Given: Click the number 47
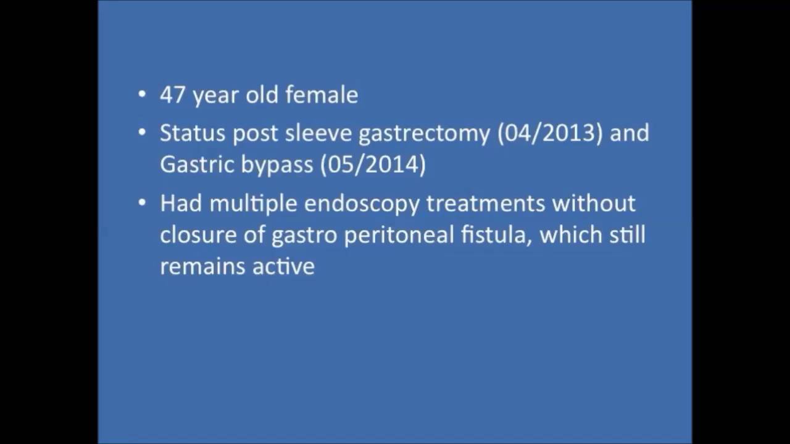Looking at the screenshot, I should click(x=173, y=95).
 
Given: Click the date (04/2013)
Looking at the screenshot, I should click(x=550, y=133).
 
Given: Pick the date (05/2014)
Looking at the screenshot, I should click(x=373, y=165).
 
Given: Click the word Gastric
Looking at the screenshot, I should click(x=197, y=165).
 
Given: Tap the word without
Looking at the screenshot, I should click(x=593, y=203).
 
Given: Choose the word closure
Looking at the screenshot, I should click(x=196, y=235).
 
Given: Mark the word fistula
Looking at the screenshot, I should click(x=496, y=235).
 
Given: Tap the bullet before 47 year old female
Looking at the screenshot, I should click(x=143, y=95).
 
